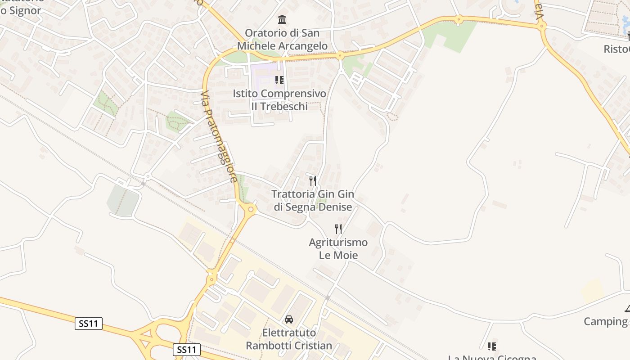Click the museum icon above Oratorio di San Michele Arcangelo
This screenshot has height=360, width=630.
(x=283, y=19)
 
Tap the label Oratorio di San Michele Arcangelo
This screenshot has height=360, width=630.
(x=282, y=40)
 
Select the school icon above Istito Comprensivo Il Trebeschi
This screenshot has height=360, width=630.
(x=279, y=80)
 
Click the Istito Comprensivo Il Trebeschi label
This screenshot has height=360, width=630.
(x=279, y=100)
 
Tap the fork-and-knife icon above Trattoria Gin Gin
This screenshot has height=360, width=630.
(x=313, y=181)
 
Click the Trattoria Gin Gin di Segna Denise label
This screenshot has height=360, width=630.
(x=313, y=201)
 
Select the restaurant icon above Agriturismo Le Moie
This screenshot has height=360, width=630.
(x=338, y=229)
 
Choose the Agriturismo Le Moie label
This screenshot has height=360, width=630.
(x=338, y=249)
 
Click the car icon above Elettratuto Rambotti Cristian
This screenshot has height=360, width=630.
(x=289, y=319)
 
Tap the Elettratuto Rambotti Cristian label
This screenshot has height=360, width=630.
(x=289, y=339)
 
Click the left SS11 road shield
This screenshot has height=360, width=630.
(x=89, y=323)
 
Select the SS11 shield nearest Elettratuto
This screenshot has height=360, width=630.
(x=187, y=350)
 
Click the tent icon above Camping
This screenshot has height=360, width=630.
(x=627, y=309)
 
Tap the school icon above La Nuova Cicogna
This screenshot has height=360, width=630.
(x=492, y=346)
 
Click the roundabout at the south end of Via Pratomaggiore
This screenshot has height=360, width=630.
(x=251, y=209)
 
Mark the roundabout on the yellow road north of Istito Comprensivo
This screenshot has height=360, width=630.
(x=340, y=56)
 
